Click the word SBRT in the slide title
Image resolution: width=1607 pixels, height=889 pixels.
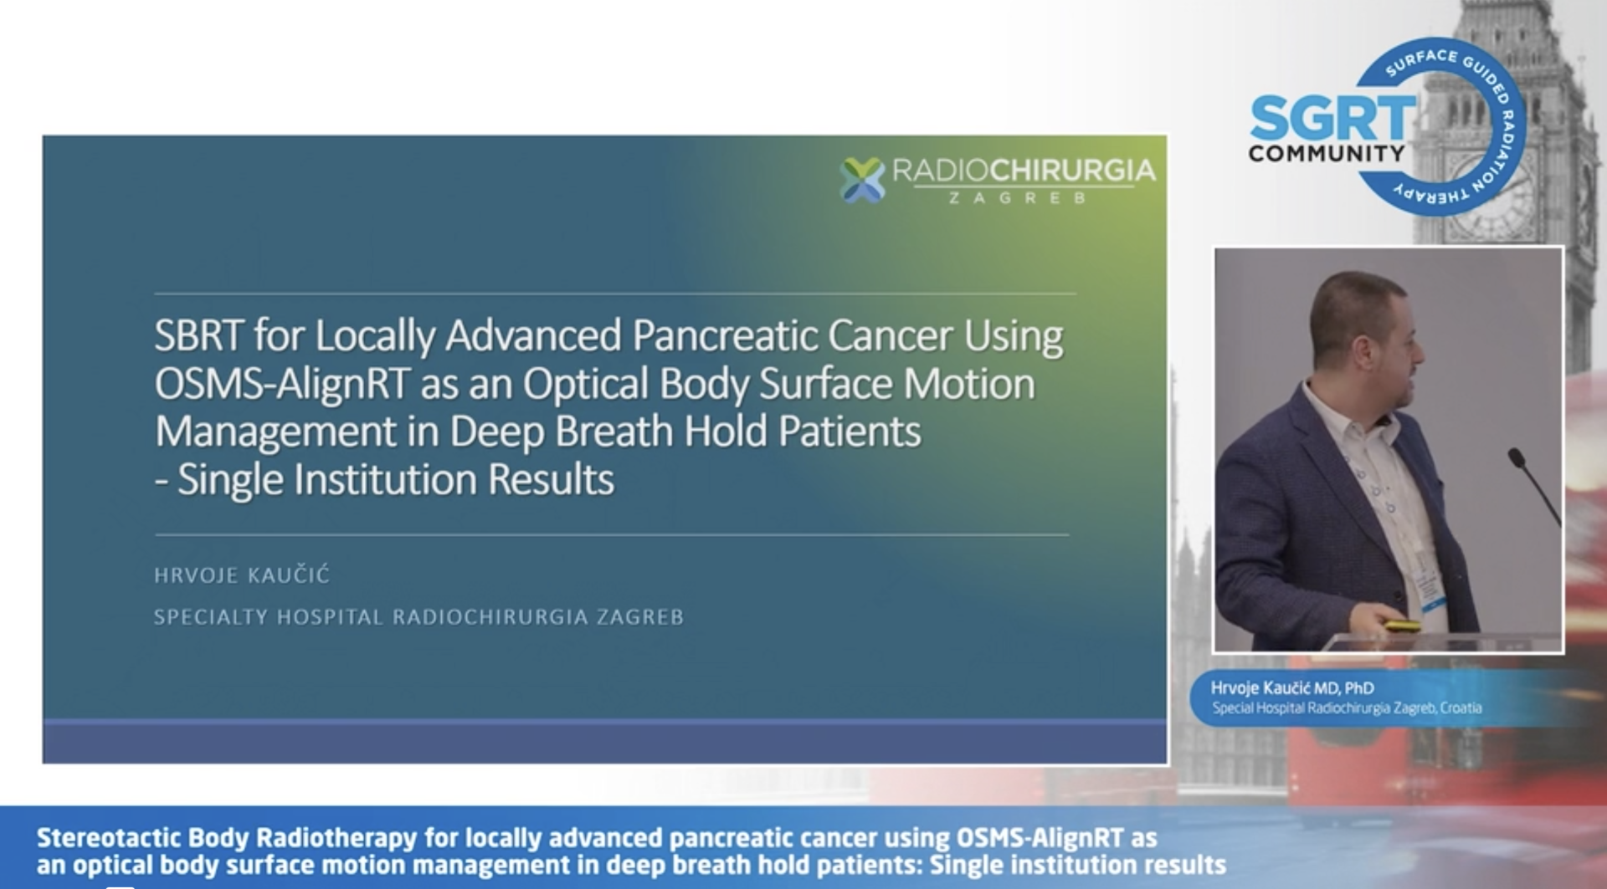point(198,335)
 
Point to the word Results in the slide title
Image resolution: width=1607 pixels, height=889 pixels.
point(551,479)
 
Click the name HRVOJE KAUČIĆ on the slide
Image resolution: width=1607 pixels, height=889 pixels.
point(242,575)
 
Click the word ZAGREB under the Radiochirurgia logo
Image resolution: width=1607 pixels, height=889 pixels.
point(1017,198)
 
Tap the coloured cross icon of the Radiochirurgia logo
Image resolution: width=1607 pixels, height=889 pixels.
point(862,179)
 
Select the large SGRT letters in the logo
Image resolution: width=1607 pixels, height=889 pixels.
point(1332,118)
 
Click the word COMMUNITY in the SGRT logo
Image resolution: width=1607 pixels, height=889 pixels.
point(1327,153)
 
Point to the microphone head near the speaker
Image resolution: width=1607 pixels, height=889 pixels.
point(1517,457)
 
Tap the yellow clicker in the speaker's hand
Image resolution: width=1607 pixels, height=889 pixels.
point(1403,626)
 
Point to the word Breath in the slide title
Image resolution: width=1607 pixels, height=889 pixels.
point(614,432)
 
